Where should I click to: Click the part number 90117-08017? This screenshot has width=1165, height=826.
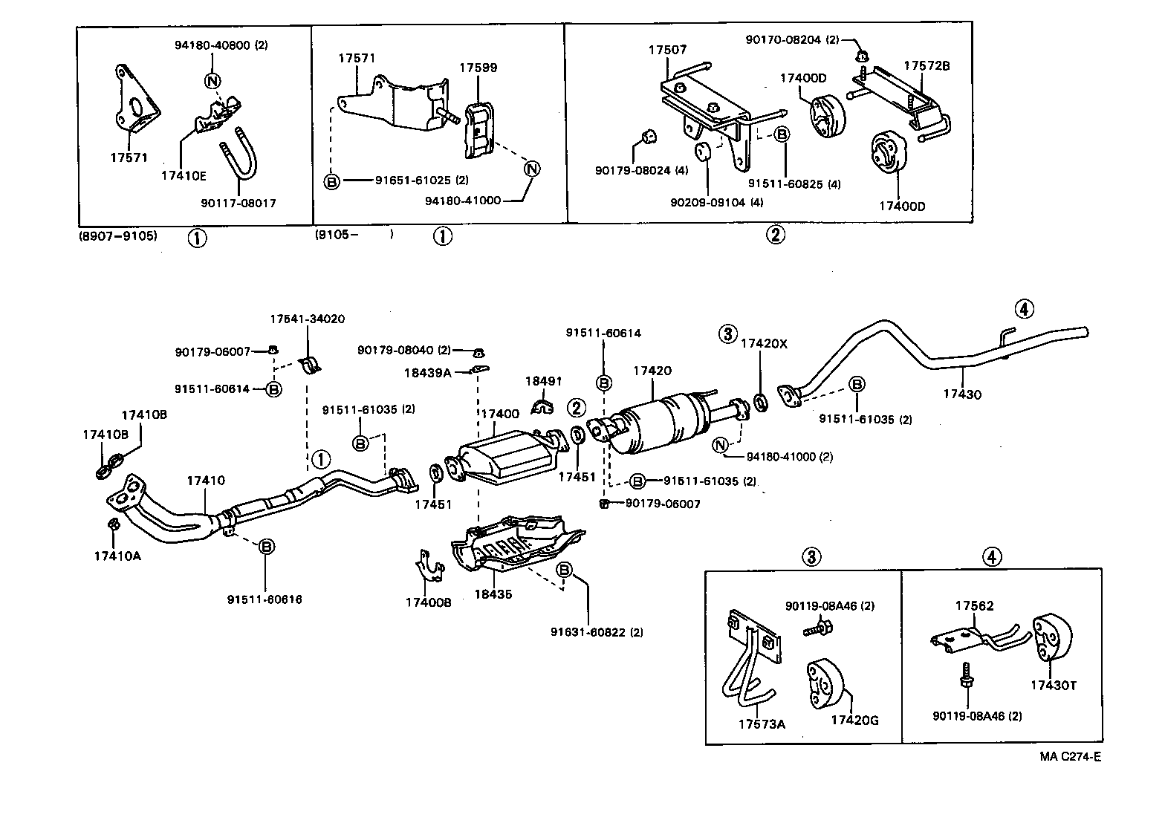click(x=238, y=202)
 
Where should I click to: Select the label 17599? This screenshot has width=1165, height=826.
click(x=478, y=68)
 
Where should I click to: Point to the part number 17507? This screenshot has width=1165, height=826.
click(x=667, y=50)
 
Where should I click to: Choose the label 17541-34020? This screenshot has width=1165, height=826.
click(x=307, y=319)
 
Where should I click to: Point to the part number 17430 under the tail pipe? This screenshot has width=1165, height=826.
click(x=962, y=394)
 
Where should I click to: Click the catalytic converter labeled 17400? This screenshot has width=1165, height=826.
click(x=505, y=457)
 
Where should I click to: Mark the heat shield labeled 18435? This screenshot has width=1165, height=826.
click(x=513, y=550)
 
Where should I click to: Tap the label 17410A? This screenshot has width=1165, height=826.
click(x=117, y=555)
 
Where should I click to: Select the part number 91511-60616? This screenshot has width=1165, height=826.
click(x=265, y=599)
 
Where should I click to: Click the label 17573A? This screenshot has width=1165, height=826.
click(x=762, y=723)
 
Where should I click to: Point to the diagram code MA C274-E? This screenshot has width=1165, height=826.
click(x=1070, y=757)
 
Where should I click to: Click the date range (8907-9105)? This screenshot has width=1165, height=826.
click(x=118, y=235)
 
